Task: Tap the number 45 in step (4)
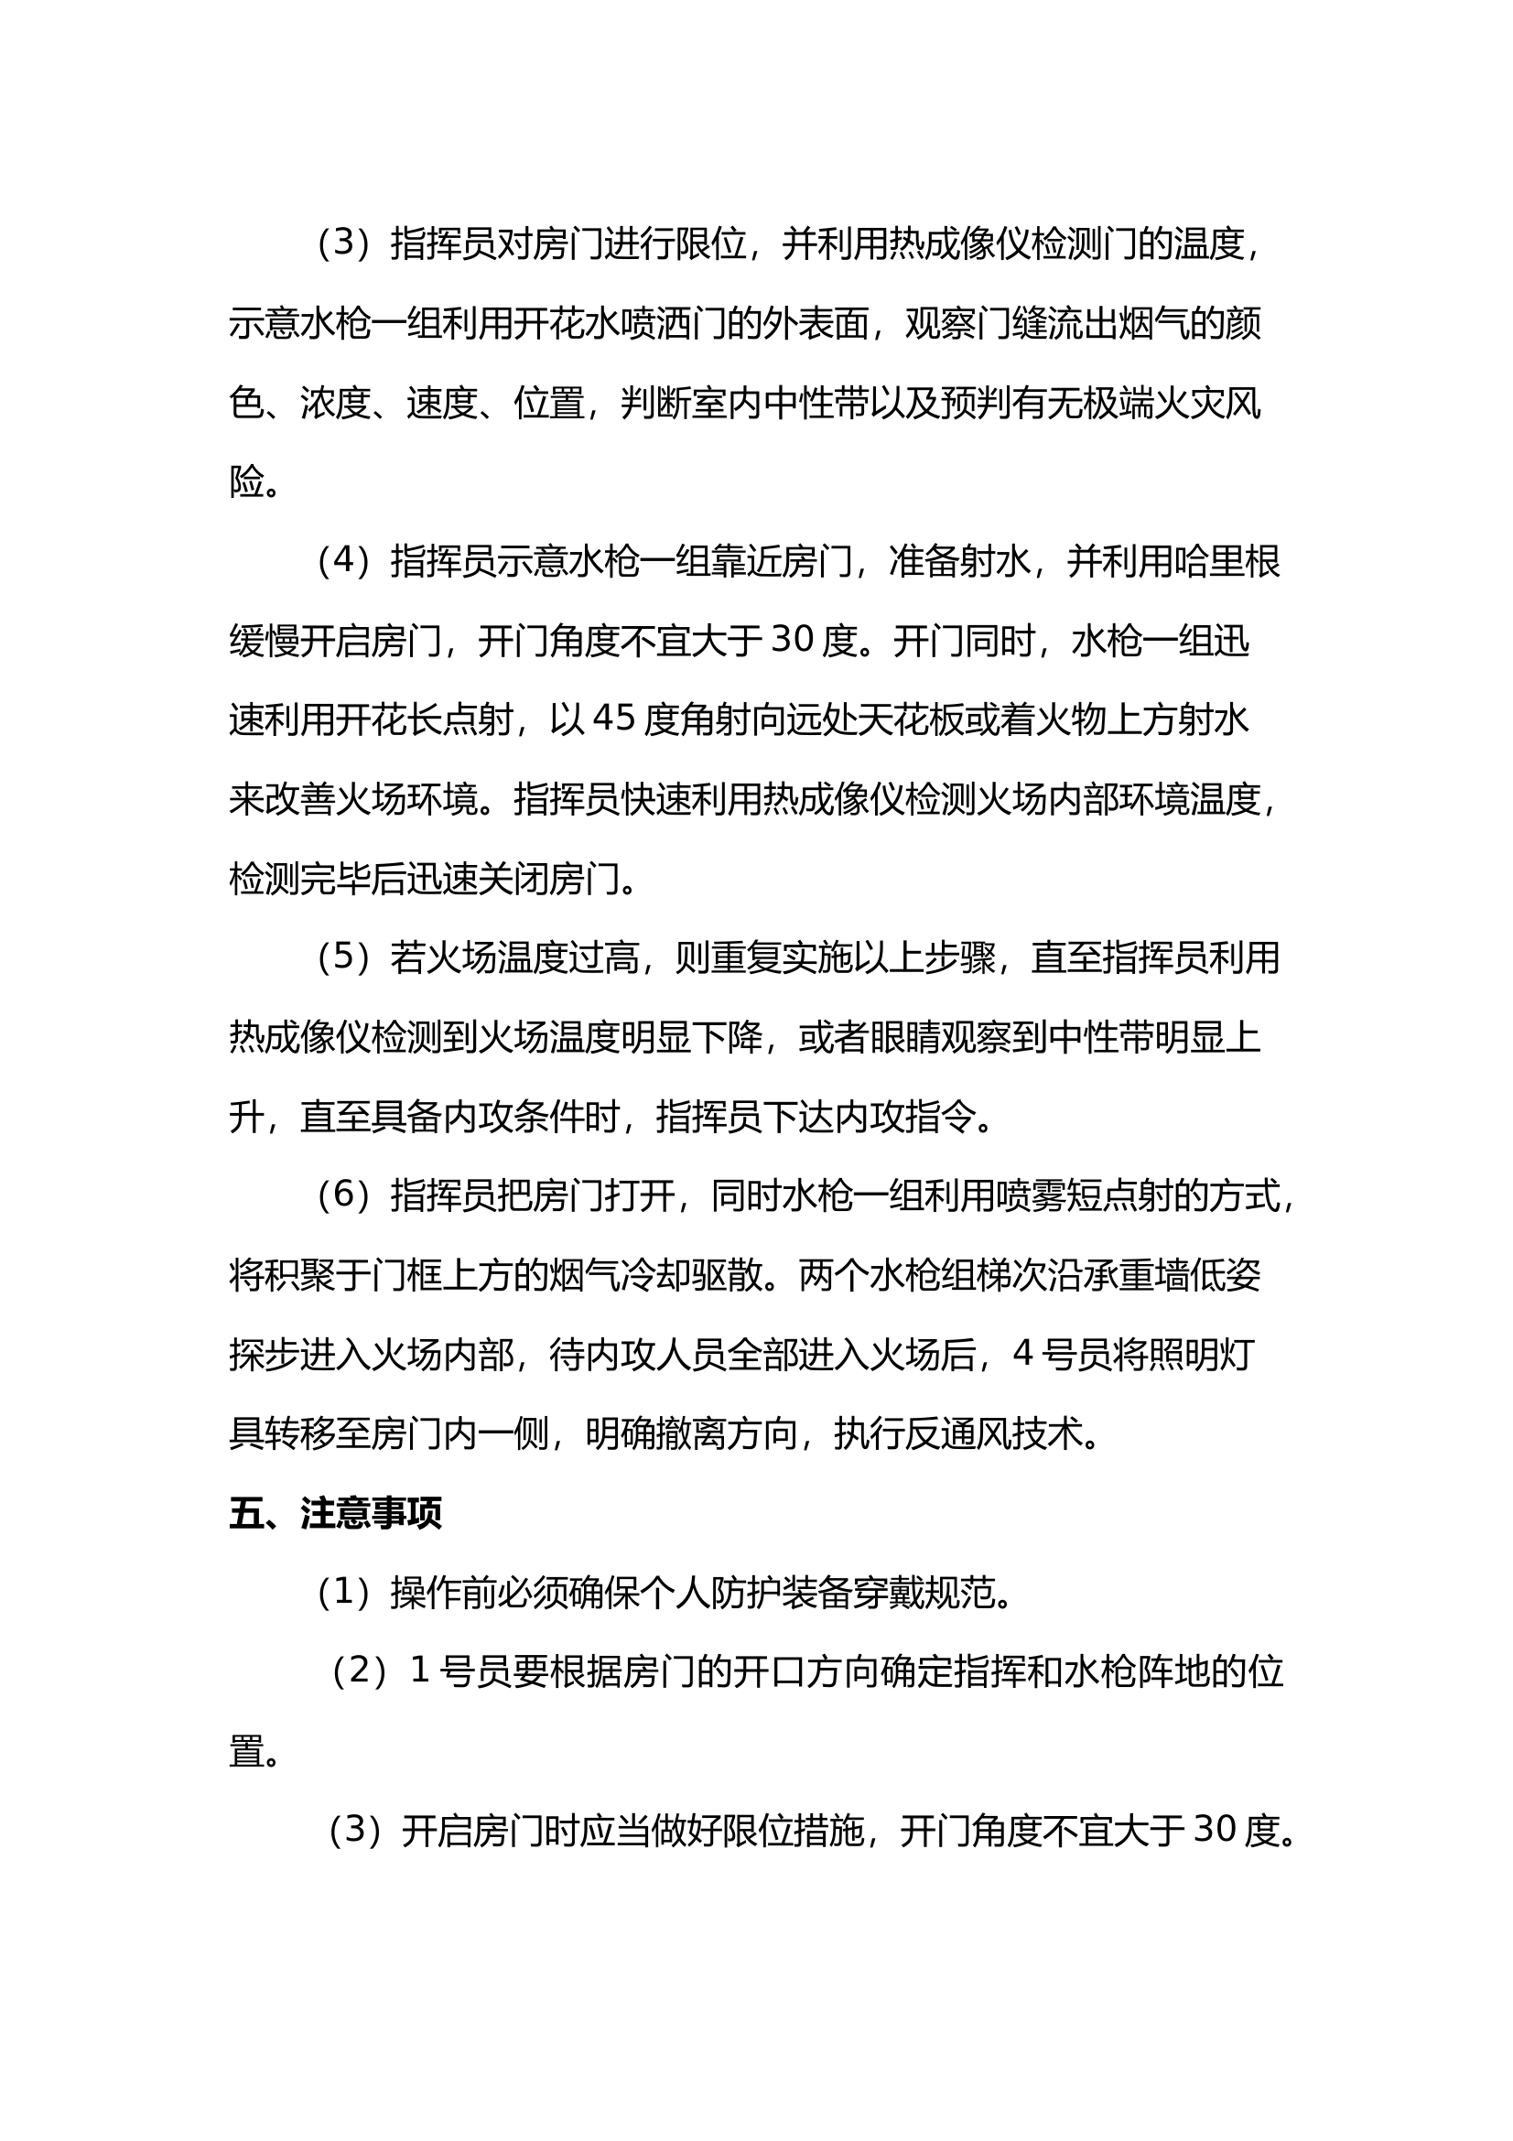pos(614,719)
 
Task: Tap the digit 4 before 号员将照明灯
pos(1022,1355)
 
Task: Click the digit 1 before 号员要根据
pos(419,1672)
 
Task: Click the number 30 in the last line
pos(1216,1831)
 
